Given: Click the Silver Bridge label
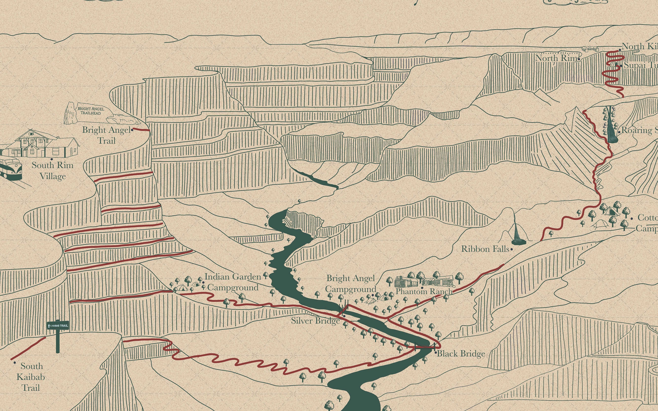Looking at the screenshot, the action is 315,321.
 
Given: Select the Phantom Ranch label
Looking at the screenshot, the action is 424,291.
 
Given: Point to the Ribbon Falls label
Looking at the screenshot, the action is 485,249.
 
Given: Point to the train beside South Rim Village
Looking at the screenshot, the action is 10,169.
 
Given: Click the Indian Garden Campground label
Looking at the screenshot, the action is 233,282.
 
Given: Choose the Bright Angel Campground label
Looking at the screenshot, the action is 350,283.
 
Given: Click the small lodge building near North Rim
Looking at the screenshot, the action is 590,49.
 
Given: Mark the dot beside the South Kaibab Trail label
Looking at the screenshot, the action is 14,363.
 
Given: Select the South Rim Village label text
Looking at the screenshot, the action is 52,171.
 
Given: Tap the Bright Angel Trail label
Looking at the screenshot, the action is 106,135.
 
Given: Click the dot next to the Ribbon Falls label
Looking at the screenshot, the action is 512,249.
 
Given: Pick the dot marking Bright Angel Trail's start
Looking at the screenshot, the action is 132,130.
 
